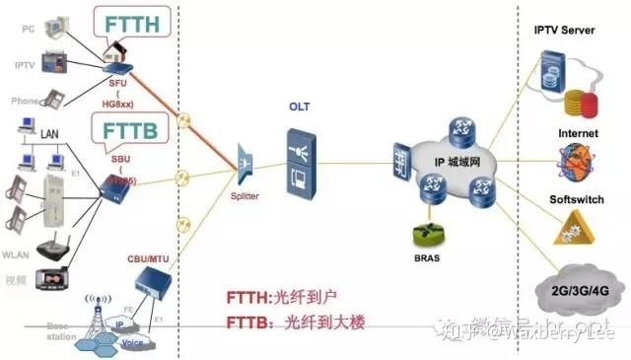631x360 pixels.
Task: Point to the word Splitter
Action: pos(245,196)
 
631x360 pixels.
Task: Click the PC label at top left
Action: pos(29,30)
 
